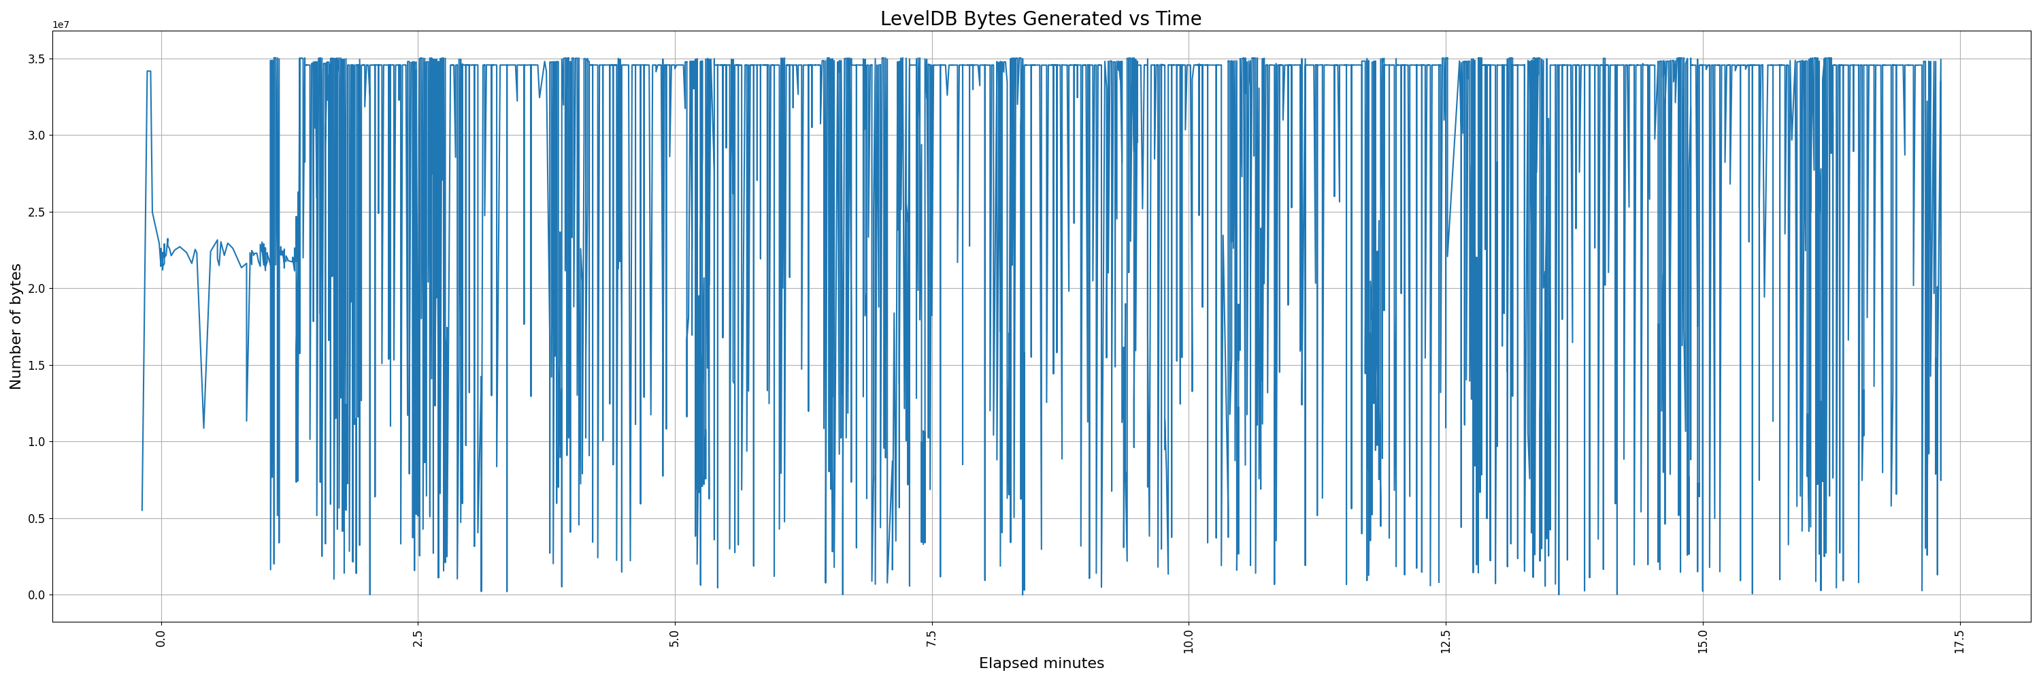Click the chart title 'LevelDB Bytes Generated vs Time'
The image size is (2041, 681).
tap(1040, 19)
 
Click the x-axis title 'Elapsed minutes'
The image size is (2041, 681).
tap(1040, 663)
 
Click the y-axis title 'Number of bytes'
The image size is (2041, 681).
tap(16, 327)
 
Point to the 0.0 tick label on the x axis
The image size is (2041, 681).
tap(161, 638)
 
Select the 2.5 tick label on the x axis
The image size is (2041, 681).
tap(418, 638)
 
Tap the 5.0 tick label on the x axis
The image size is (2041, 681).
tap(674, 638)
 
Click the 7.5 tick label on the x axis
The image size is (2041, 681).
tap(932, 638)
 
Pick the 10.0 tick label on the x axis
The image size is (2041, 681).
tap(1189, 639)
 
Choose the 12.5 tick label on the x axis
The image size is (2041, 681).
tap(1445, 639)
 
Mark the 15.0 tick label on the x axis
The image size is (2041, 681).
tap(1702, 639)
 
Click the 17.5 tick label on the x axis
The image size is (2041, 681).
tap(1959, 639)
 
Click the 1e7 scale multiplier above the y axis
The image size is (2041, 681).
tap(61, 25)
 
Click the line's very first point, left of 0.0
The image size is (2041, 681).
tap(142, 510)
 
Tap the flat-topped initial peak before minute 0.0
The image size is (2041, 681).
tap(148, 72)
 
